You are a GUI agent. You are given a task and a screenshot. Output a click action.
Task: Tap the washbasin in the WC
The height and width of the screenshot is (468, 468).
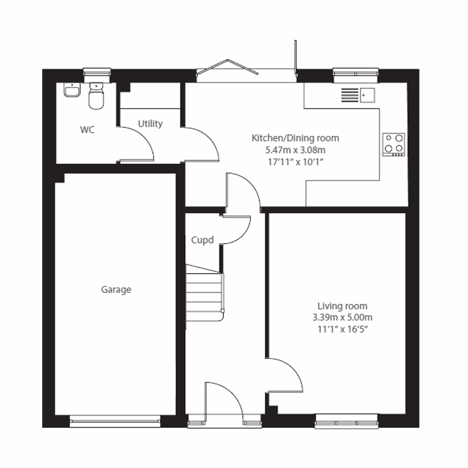72,90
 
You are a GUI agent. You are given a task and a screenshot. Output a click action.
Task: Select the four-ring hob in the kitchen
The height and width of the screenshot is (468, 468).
394,144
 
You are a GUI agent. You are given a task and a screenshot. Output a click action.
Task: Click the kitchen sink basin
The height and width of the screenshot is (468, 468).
367,95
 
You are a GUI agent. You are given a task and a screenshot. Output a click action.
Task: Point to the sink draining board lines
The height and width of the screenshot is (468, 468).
349,95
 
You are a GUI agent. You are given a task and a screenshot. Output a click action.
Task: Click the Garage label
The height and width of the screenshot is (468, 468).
116,290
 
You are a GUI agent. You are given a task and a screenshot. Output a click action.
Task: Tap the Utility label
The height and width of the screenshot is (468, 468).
150,124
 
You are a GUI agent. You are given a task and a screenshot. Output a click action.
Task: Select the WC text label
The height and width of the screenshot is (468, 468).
87,130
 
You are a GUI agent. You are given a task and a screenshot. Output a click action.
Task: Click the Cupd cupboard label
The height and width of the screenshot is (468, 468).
202,240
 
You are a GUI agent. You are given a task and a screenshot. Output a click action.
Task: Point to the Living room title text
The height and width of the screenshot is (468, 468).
342,306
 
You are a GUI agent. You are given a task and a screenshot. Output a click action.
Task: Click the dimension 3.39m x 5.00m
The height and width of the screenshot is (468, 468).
342,317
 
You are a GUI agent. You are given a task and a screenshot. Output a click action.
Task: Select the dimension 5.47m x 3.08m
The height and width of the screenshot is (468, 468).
295,150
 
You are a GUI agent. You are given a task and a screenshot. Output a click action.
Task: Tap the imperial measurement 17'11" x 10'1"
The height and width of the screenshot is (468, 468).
295,161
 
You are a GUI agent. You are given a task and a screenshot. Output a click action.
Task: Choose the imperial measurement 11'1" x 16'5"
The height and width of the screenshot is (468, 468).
342,329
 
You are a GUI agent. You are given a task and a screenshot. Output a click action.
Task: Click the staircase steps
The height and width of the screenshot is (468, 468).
204,296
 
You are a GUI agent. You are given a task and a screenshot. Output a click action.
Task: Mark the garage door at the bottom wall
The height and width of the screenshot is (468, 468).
115,420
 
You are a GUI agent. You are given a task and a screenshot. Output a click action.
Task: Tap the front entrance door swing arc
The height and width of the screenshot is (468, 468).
226,398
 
